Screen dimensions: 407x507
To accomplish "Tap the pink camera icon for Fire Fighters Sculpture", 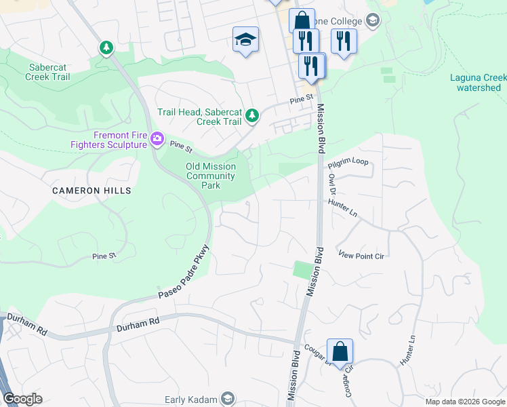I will tap(157, 139).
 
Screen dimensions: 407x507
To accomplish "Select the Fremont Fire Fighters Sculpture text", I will tap(110, 139).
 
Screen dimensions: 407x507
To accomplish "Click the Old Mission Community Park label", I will tap(211, 176).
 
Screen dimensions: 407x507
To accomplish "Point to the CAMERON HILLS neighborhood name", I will tap(92, 191).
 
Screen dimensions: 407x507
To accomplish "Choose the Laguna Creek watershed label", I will tap(479, 82).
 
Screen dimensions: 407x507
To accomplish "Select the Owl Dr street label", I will tap(332, 185).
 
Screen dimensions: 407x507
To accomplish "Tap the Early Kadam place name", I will tap(192, 400).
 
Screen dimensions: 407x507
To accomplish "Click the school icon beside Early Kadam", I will tap(228, 399).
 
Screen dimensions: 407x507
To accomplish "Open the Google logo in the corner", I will tap(22, 399).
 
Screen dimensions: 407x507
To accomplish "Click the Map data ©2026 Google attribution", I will tap(464, 402).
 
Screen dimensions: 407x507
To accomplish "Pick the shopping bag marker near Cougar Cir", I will tap(340, 352).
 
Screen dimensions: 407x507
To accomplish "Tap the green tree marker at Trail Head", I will tap(252, 116).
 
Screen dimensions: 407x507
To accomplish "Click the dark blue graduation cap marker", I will tap(245, 39).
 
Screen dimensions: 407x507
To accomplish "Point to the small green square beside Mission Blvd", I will tap(301, 269).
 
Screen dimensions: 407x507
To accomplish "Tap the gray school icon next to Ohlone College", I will tap(371, 21).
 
